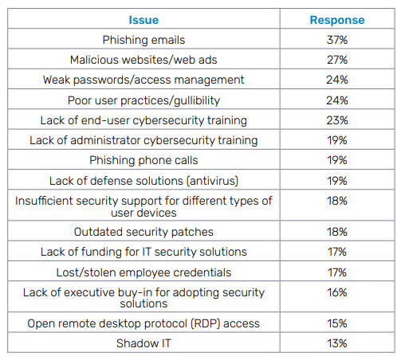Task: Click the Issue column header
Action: click(143, 20)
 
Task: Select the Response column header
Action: click(337, 21)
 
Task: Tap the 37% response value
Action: click(337, 40)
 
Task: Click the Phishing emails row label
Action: click(143, 40)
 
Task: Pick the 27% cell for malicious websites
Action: click(337, 60)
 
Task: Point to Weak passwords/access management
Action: click(143, 80)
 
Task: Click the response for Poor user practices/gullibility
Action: click(337, 100)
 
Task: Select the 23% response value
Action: click(337, 120)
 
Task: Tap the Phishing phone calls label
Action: click(143, 161)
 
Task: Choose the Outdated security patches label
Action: click(143, 232)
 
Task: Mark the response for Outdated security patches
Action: click(337, 232)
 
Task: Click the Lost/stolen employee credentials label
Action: click(143, 272)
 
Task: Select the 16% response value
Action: click(337, 292)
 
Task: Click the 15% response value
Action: click(337, 323)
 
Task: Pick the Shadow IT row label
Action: click(143, 343)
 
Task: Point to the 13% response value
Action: click(337, 343)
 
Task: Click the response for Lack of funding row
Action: click(337, 252)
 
